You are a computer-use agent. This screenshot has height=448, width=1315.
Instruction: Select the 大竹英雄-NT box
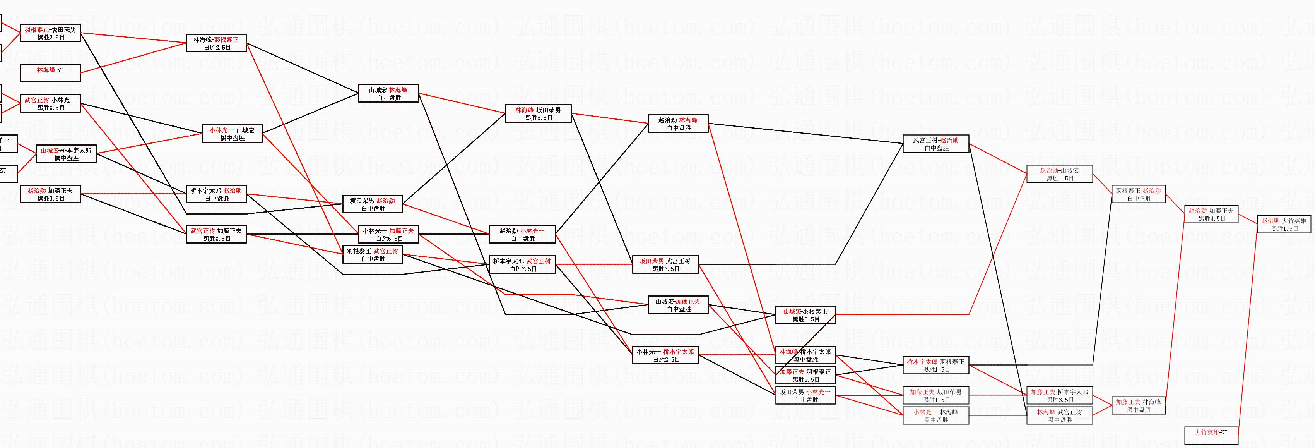[1211, 435]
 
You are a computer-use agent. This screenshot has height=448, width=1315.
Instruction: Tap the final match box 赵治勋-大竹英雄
[1283, 225]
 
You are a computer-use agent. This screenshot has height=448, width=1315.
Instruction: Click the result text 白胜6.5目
[389, 239]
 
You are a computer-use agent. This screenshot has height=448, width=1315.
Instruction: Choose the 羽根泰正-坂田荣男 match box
[50, 33]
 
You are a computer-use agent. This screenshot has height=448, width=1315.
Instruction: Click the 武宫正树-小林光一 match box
[50, 104]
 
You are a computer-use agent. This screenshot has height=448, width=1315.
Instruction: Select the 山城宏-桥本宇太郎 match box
[66, 154]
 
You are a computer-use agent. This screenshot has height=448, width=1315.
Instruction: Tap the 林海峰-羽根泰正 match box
[216, 43]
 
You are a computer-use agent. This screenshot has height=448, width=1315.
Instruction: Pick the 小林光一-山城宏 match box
[232, 134]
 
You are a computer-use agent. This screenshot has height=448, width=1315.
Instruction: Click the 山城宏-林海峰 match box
[388, 93]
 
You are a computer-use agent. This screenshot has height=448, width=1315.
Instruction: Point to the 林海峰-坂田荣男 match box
[538, 113]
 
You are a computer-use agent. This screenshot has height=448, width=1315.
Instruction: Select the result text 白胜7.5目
[523, 269]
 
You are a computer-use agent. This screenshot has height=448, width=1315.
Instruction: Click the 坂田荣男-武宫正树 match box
[665, 264]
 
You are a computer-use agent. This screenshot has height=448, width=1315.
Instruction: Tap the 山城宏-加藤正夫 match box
[678, 305]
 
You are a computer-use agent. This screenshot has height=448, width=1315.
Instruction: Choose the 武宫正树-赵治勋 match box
[936, 144]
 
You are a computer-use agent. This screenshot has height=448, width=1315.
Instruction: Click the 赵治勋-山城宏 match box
[1059, 174]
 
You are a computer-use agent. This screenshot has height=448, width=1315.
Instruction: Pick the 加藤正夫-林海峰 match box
[1138, 406]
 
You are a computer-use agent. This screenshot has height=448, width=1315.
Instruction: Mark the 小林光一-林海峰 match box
[936, 416]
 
